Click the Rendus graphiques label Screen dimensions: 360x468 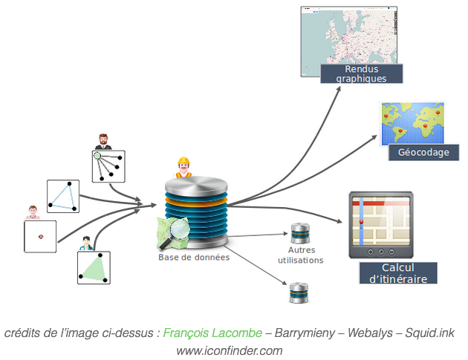coord(361,73)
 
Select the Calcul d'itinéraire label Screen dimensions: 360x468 coord(397,272)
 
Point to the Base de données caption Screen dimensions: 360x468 coord(194,258)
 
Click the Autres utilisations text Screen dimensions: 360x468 coord(300,255)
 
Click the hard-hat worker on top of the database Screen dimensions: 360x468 coord(183,167)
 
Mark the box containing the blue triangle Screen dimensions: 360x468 coord(62,195)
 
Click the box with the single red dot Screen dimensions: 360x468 coord(40,237)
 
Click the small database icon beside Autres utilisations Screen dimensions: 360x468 coord(299,232)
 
